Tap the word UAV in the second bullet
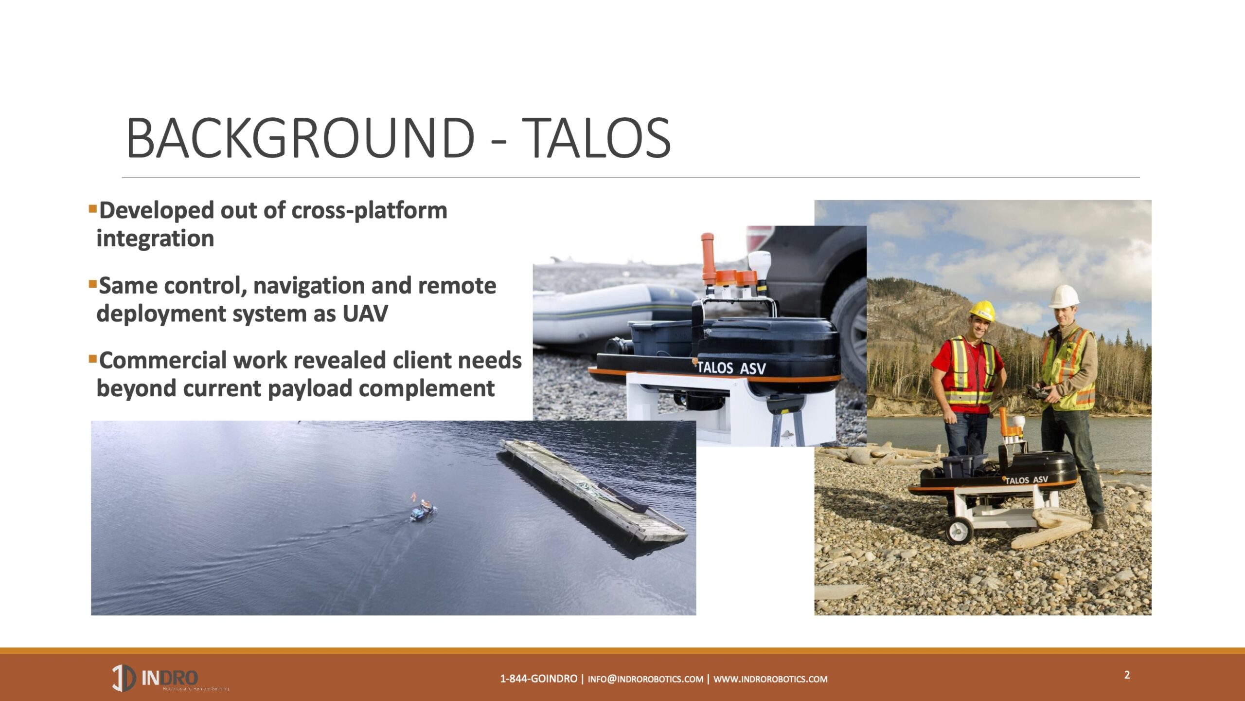(365, 314)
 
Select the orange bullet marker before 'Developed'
(92, 209)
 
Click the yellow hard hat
(982, 310)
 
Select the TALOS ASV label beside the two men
(1026, 480)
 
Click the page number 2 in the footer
(1127, 675)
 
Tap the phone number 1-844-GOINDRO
(538, 679)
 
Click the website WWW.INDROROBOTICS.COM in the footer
(770, 679)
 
